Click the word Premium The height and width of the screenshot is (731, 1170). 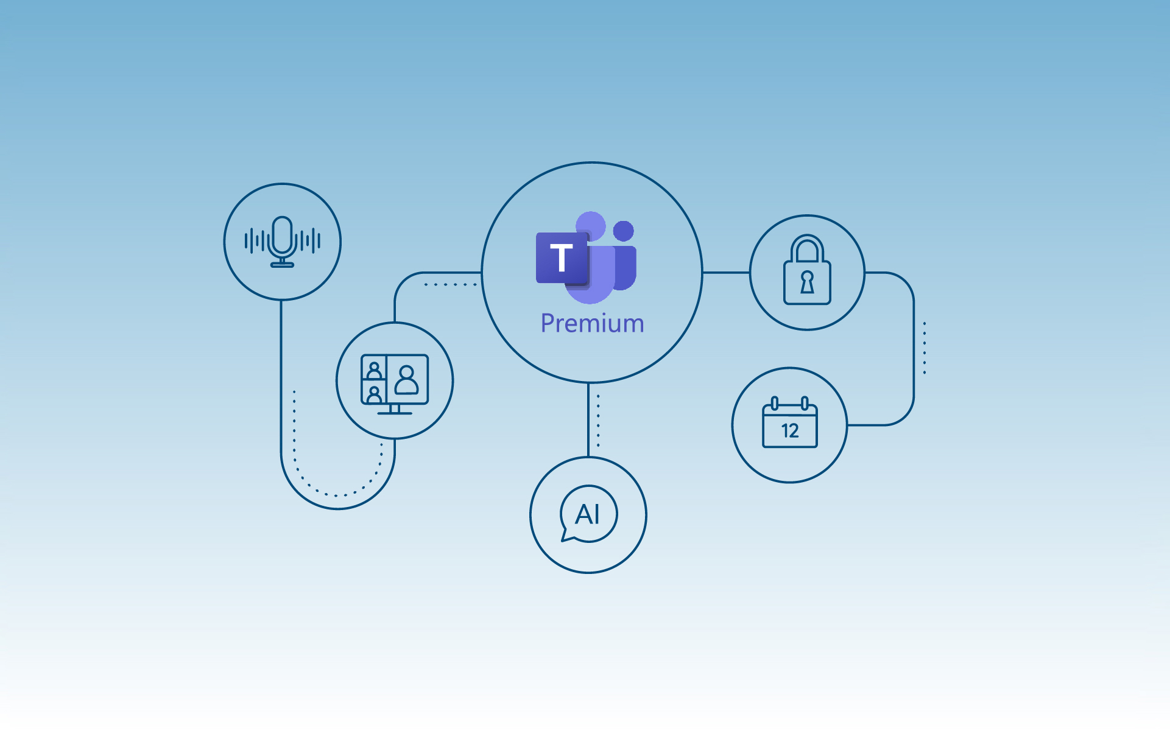coord(592,323)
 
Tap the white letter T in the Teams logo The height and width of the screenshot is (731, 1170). coord(561,257)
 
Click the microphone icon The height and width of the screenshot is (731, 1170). coord(282,242)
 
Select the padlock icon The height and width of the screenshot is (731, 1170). coord(807,270)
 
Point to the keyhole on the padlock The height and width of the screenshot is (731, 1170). coord(807,282)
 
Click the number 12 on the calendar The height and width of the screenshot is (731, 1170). coord(790,431)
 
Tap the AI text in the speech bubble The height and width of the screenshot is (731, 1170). coord(587,514)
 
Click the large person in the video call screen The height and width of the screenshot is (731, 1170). coord(407,380)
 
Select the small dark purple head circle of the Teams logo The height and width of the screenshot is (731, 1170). coord(624,231)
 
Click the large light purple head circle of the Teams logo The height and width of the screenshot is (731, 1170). coord(590,226)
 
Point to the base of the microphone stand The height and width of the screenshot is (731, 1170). coord(282,264)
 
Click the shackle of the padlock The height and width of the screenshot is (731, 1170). coord(807,248)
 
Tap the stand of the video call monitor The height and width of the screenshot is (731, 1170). coord(394,410)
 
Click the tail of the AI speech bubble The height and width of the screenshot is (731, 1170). coord(566,536)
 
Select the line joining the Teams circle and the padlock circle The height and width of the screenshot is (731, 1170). coord(726,273)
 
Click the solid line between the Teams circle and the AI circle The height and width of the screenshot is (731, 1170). coord(588,420)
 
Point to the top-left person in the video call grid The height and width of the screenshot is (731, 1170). coord(374,370)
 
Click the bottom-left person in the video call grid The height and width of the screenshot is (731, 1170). coord(374,394)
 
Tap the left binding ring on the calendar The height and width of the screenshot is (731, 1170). coord(775,403)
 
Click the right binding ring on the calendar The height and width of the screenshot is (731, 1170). coord(805,403)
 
